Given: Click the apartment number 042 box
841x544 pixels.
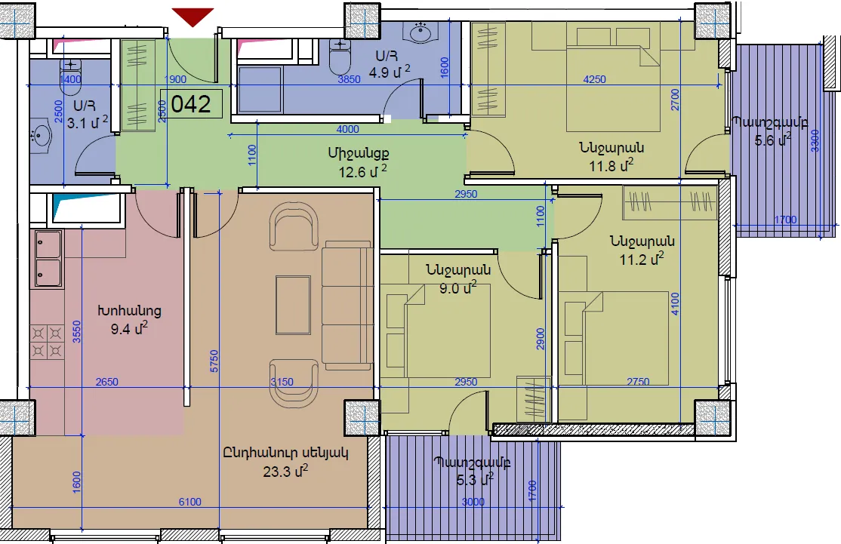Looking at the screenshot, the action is pos(192,103).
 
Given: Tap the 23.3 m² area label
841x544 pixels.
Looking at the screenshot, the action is pos(285,471).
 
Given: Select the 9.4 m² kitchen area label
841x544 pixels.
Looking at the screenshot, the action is pos(129,328).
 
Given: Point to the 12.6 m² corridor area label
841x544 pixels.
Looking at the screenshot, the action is pos(362,171).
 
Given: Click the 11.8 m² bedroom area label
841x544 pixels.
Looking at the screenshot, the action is pos(611,165).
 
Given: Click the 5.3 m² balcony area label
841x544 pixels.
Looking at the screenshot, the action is pos(475,479).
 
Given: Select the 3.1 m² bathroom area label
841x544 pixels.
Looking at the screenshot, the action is pos(88,123).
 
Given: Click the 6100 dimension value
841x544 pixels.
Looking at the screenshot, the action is pos(190,502).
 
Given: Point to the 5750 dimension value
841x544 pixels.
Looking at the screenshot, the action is pos(214,361).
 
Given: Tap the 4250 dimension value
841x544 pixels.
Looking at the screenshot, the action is pos(594,79).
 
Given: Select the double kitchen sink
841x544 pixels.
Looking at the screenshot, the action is pos(48,259).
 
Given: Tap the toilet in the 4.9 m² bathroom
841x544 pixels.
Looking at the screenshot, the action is pos(339,57).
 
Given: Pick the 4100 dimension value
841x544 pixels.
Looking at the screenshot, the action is pos(675,304).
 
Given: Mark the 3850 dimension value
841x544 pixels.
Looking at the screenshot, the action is pos(349,79).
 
